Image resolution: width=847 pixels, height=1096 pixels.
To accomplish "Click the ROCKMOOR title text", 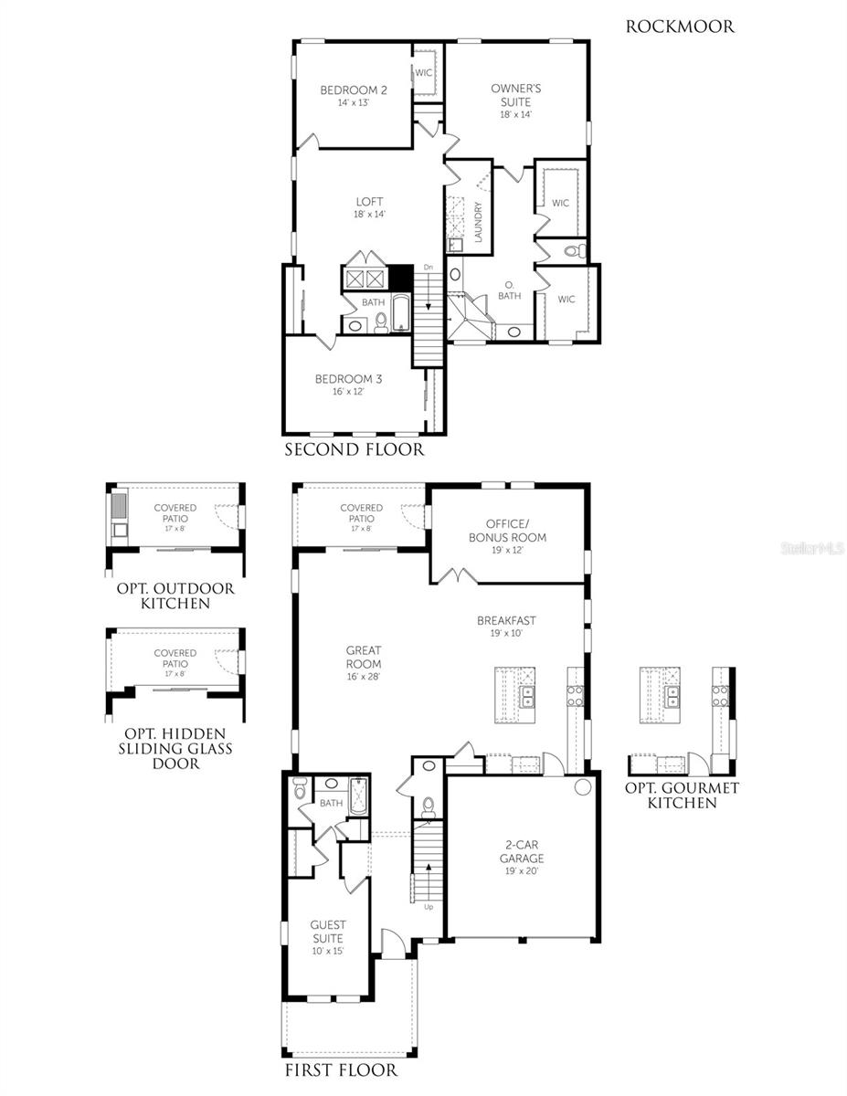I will click(x=680, y=26).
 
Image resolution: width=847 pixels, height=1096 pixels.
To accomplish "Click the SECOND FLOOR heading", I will click(x=354, y=449).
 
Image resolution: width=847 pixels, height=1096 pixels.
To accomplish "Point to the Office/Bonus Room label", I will click(x=507, y=531).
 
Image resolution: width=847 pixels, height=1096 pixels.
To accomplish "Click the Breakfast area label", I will click(x=506, y=620).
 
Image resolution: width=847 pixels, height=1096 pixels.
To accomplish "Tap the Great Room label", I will click(x=363, y=657).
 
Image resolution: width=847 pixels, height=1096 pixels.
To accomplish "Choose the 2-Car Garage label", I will click(x=521, y=851).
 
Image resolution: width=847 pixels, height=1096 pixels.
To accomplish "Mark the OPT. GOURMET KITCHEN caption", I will click(x=681, y=795).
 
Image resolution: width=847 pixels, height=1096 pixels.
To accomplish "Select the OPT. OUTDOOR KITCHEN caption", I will click(x=175, y=595).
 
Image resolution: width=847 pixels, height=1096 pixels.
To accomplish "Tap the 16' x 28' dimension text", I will click(x=363, y=677).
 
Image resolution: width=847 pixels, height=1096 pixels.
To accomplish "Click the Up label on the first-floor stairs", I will click(x=428, y=907).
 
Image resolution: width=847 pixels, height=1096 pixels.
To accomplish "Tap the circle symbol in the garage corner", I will click(x=582, y=786).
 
